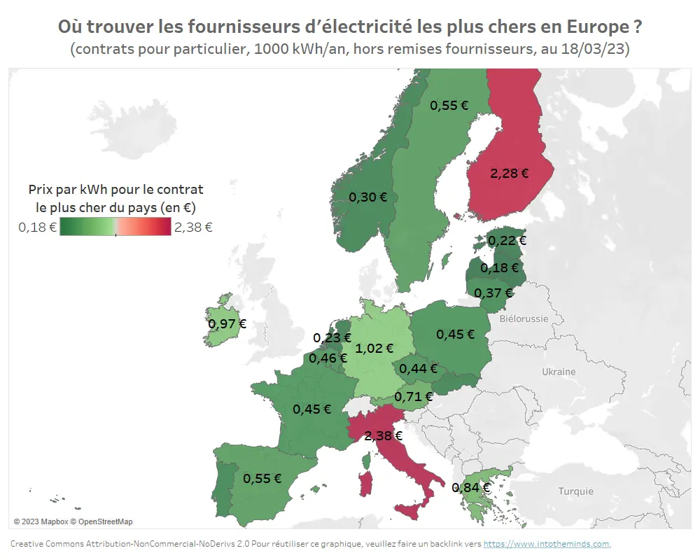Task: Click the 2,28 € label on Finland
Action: [x=509, y=174]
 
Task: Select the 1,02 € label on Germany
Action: [x=374, y=347]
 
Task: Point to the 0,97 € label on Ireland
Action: [x=227, y=323]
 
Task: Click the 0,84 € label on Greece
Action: [x=470, y=487]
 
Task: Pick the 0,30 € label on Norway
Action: [x=367, y=197]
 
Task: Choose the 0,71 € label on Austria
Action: [x=414, y=397]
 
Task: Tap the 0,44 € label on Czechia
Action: [x=418, y=368]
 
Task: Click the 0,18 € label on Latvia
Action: [x=499, y=267]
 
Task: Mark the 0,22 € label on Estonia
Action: [x=507, y=240]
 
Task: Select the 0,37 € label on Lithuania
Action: [x=493, y=293]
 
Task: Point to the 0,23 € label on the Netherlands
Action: [x=332, y=337]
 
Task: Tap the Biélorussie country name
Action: [x=524, y=318]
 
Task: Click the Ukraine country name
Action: [x=559, y=372]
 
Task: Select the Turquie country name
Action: [x=575, y=491]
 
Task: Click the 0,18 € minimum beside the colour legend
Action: [x=37, y=227]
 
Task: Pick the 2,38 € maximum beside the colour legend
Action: [x=193, y=227]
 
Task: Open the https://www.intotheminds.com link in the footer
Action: [x=547, y=544]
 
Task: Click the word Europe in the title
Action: [x=596, y=27]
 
